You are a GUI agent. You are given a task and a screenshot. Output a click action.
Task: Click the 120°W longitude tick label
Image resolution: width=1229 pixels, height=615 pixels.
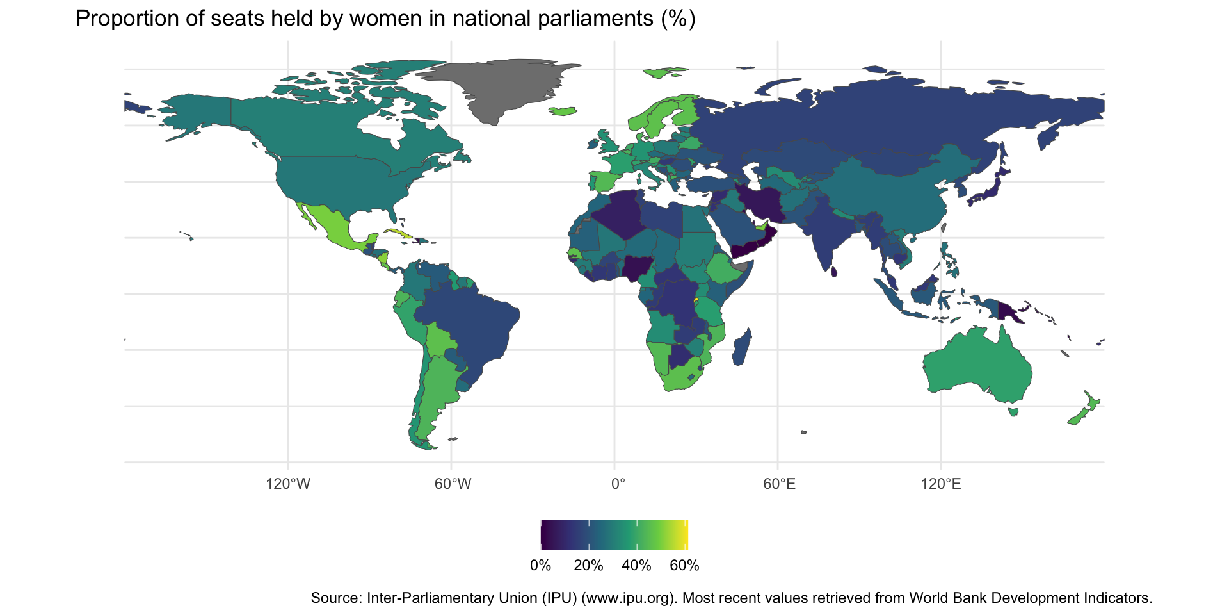(x=288, y=484)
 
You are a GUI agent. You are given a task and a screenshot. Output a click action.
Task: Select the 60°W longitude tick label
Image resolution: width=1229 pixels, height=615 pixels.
(x=453, y=484)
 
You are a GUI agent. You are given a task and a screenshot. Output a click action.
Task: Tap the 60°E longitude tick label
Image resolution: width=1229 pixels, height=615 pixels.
(x=779, y=484)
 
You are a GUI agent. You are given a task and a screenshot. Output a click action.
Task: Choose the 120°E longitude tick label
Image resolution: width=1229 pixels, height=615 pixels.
(x=941, y=484)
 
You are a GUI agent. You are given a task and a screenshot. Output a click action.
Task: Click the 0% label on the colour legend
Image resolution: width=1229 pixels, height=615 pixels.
(x=541, y=566)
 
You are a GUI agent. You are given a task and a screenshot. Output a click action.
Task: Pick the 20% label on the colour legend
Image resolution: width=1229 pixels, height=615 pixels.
(x=588, y=566)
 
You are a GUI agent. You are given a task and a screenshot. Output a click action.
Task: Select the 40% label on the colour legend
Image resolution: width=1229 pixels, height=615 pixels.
(x=636, y=566)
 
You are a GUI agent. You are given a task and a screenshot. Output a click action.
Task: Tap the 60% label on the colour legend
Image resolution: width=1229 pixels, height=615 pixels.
(x=684, y=566)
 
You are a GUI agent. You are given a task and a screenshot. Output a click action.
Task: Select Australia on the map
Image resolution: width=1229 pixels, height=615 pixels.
(x=976, y=365)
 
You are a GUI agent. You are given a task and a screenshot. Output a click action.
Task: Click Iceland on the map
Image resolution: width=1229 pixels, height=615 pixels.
(x=563, y=111)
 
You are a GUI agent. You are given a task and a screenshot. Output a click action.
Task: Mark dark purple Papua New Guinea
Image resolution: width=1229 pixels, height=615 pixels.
(x=1008, y=312)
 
